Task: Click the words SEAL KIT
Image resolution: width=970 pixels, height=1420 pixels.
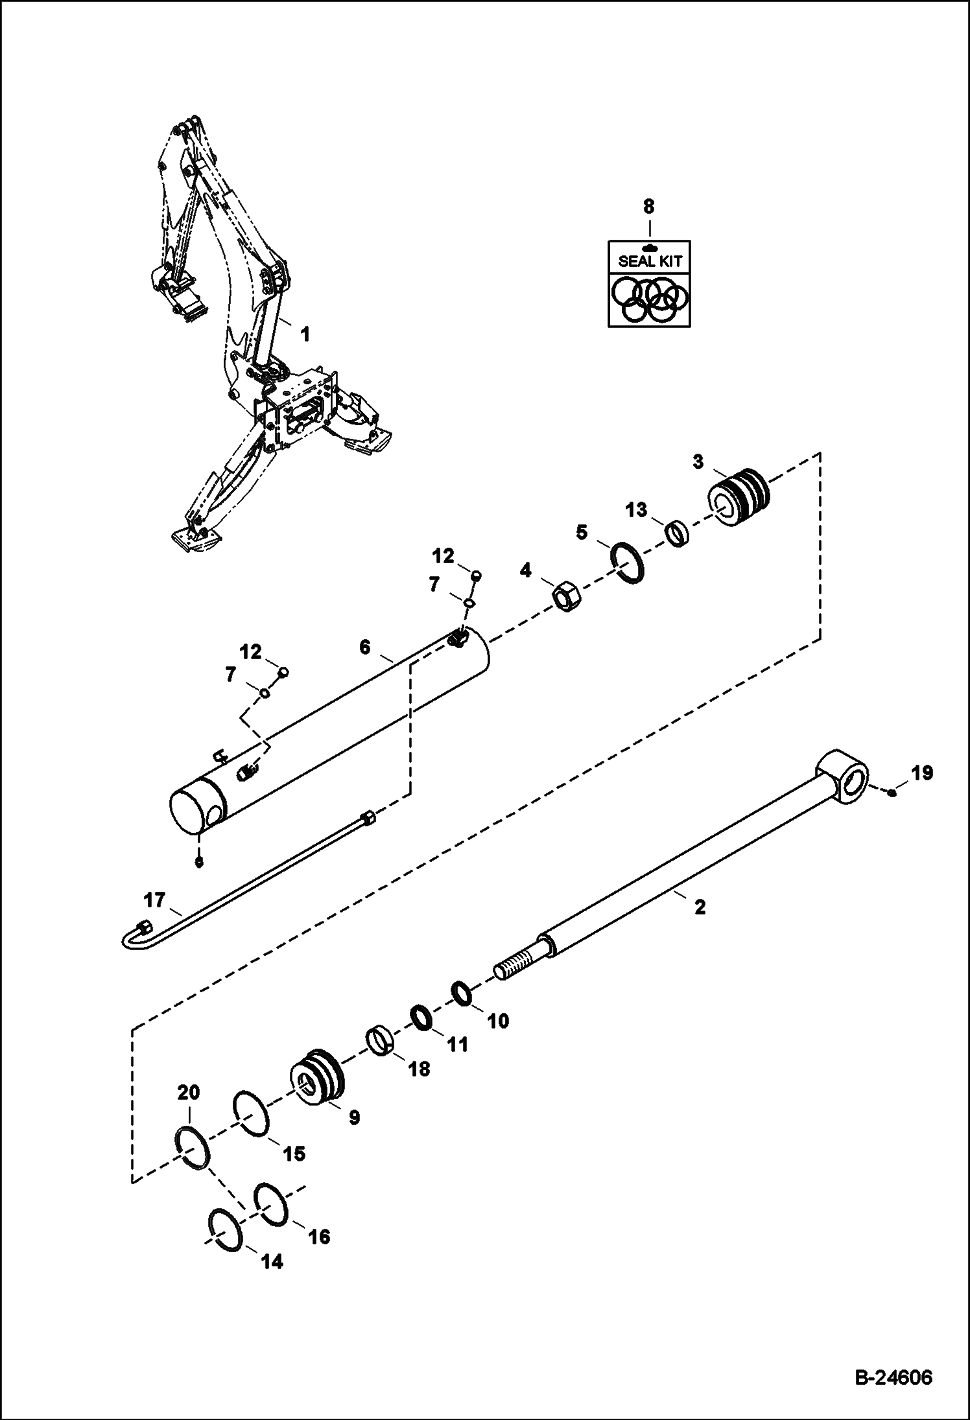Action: (649, 262)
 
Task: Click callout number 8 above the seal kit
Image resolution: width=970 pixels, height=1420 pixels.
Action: (649, 207)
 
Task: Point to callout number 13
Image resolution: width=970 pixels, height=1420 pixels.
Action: (636, 510)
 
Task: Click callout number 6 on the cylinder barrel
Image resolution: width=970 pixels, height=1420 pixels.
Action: (365, 647)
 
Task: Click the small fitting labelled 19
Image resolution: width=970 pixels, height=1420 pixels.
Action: (893, 793)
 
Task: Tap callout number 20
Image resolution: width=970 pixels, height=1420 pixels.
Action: (189, 1093)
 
